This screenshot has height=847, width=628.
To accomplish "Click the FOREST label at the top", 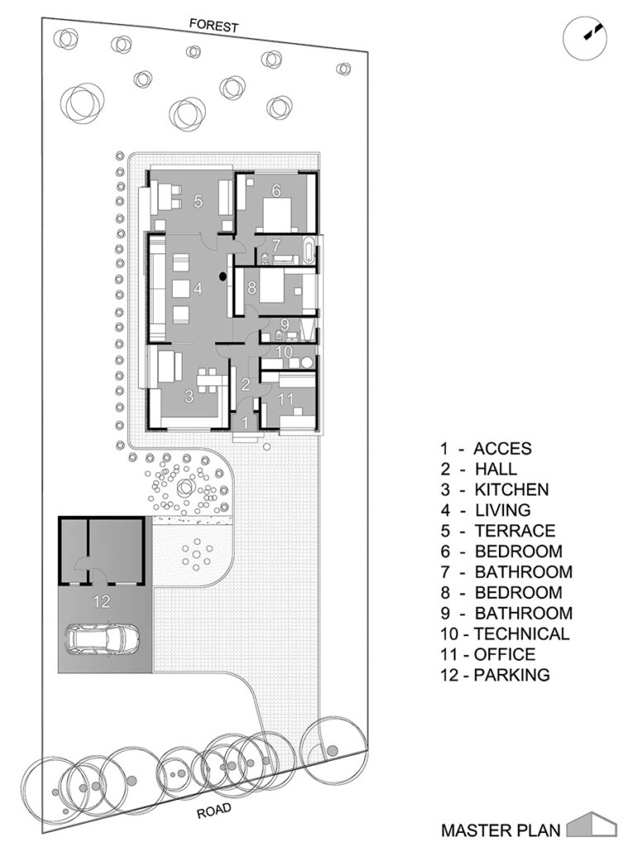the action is (214, 26).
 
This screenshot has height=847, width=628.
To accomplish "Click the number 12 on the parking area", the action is (102, 601).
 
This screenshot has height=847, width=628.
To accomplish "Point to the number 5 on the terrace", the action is (198, 202).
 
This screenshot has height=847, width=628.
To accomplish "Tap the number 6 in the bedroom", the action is (276, 190).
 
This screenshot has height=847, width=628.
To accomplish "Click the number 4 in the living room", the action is (198, 289).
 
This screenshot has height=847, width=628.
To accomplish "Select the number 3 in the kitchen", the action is (189, 396).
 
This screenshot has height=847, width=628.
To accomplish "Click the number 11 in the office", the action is (286, 400).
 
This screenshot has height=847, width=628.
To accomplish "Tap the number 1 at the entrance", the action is (245, 423).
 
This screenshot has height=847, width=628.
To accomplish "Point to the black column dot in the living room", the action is (222, 277).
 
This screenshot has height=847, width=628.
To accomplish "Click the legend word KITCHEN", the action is (511, 490).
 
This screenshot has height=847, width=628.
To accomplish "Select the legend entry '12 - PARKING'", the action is (495, 674).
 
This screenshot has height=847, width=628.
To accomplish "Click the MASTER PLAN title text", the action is (501, 829).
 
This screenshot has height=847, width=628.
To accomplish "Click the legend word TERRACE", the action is (515, 530).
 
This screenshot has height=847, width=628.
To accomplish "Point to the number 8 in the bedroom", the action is (252, 287).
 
